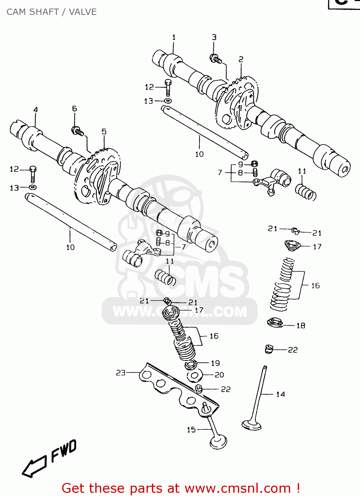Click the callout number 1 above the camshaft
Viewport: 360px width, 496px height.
[174, 37]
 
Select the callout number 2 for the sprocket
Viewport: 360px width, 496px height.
[241, 59]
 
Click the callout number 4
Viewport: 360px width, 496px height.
[35, 109]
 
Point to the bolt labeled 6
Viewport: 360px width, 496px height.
[77, 131]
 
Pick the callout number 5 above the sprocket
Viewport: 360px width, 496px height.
[104, 132]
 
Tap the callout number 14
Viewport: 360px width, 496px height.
[280, 394]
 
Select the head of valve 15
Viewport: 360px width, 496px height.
[218, 442]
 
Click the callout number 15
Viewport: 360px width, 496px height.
[191, 430]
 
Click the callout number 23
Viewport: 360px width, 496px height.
[120, 373]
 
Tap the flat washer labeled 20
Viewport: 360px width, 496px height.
[194, 376]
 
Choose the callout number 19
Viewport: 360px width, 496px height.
[215, 363]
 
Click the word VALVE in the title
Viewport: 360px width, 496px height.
[83, 12]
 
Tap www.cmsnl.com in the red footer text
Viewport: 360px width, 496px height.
[238, 488]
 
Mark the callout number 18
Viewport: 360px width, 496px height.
[300, 326]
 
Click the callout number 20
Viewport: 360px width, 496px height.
[219, 375]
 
